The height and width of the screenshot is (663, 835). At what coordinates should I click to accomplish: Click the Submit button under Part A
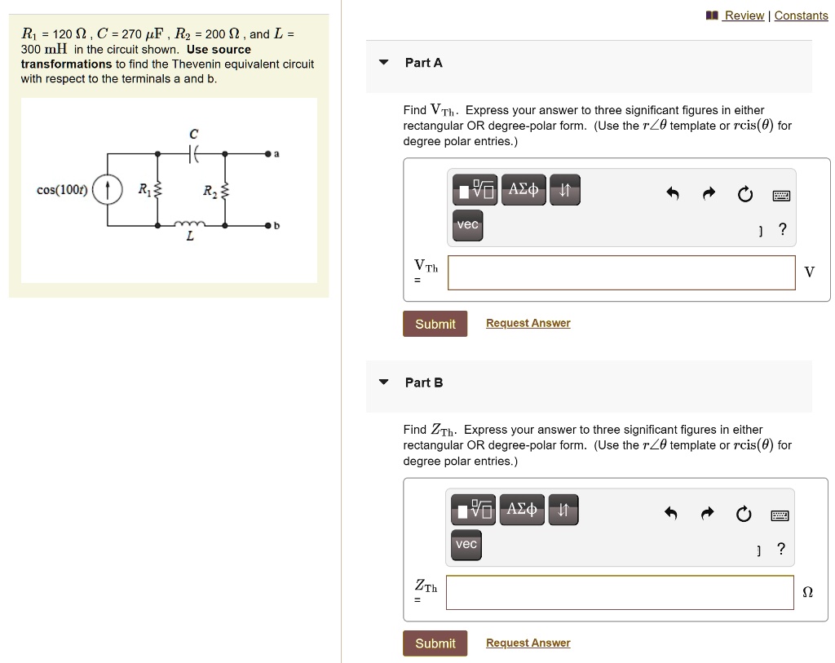[435, 324]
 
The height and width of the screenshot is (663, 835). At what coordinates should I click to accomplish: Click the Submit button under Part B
[435, 643]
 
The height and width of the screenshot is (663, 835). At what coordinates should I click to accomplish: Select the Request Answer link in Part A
[528, 324]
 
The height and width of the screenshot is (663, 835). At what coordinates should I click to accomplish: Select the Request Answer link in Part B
[528, 643]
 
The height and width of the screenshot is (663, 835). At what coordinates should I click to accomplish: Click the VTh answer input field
[621, 272]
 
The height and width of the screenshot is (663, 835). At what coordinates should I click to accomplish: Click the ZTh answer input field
[619, 592]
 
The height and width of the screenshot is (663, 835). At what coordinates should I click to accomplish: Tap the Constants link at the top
[801, 15]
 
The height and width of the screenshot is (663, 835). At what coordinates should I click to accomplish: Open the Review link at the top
[744, 15]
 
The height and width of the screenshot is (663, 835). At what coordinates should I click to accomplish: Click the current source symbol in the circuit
[108, 191]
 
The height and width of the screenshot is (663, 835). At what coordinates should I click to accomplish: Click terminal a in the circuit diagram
[267, 152]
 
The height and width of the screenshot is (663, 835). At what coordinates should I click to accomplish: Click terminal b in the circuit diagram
[267, 224]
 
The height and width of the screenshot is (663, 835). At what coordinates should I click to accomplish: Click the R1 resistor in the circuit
[158, 191]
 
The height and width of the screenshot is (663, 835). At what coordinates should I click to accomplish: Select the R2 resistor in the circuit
[225, 192]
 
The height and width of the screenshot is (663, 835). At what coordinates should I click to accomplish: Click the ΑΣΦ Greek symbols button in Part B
[523, 510]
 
